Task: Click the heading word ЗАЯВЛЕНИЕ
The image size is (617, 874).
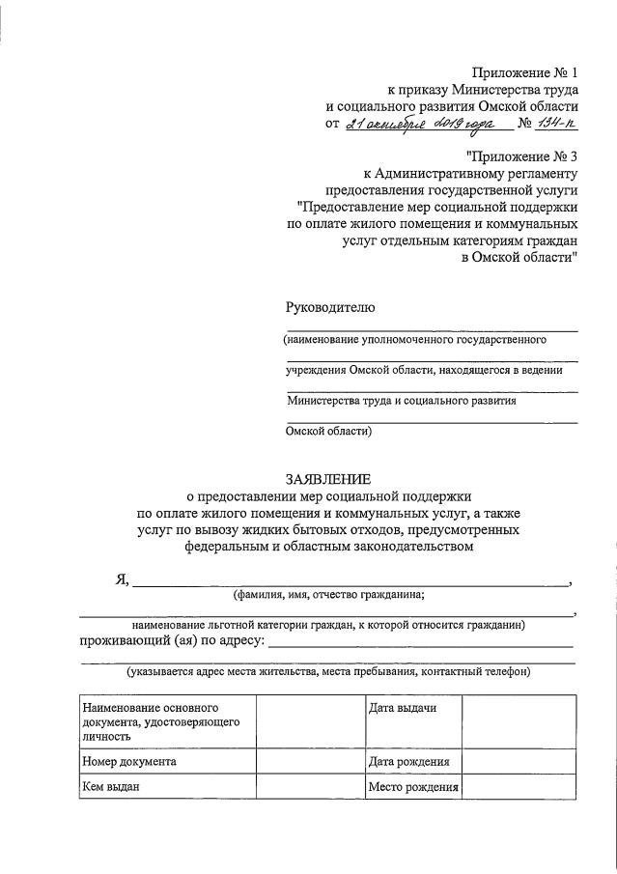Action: coord(327,479)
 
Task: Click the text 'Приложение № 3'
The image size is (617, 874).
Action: coord(520,155)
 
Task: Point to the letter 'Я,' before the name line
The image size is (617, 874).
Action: coord(122,579)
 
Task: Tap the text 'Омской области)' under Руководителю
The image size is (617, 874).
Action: coord(329,432)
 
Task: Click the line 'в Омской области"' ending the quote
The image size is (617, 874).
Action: coord(520,257)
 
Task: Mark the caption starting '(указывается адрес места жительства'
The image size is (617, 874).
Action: coord(327,671)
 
